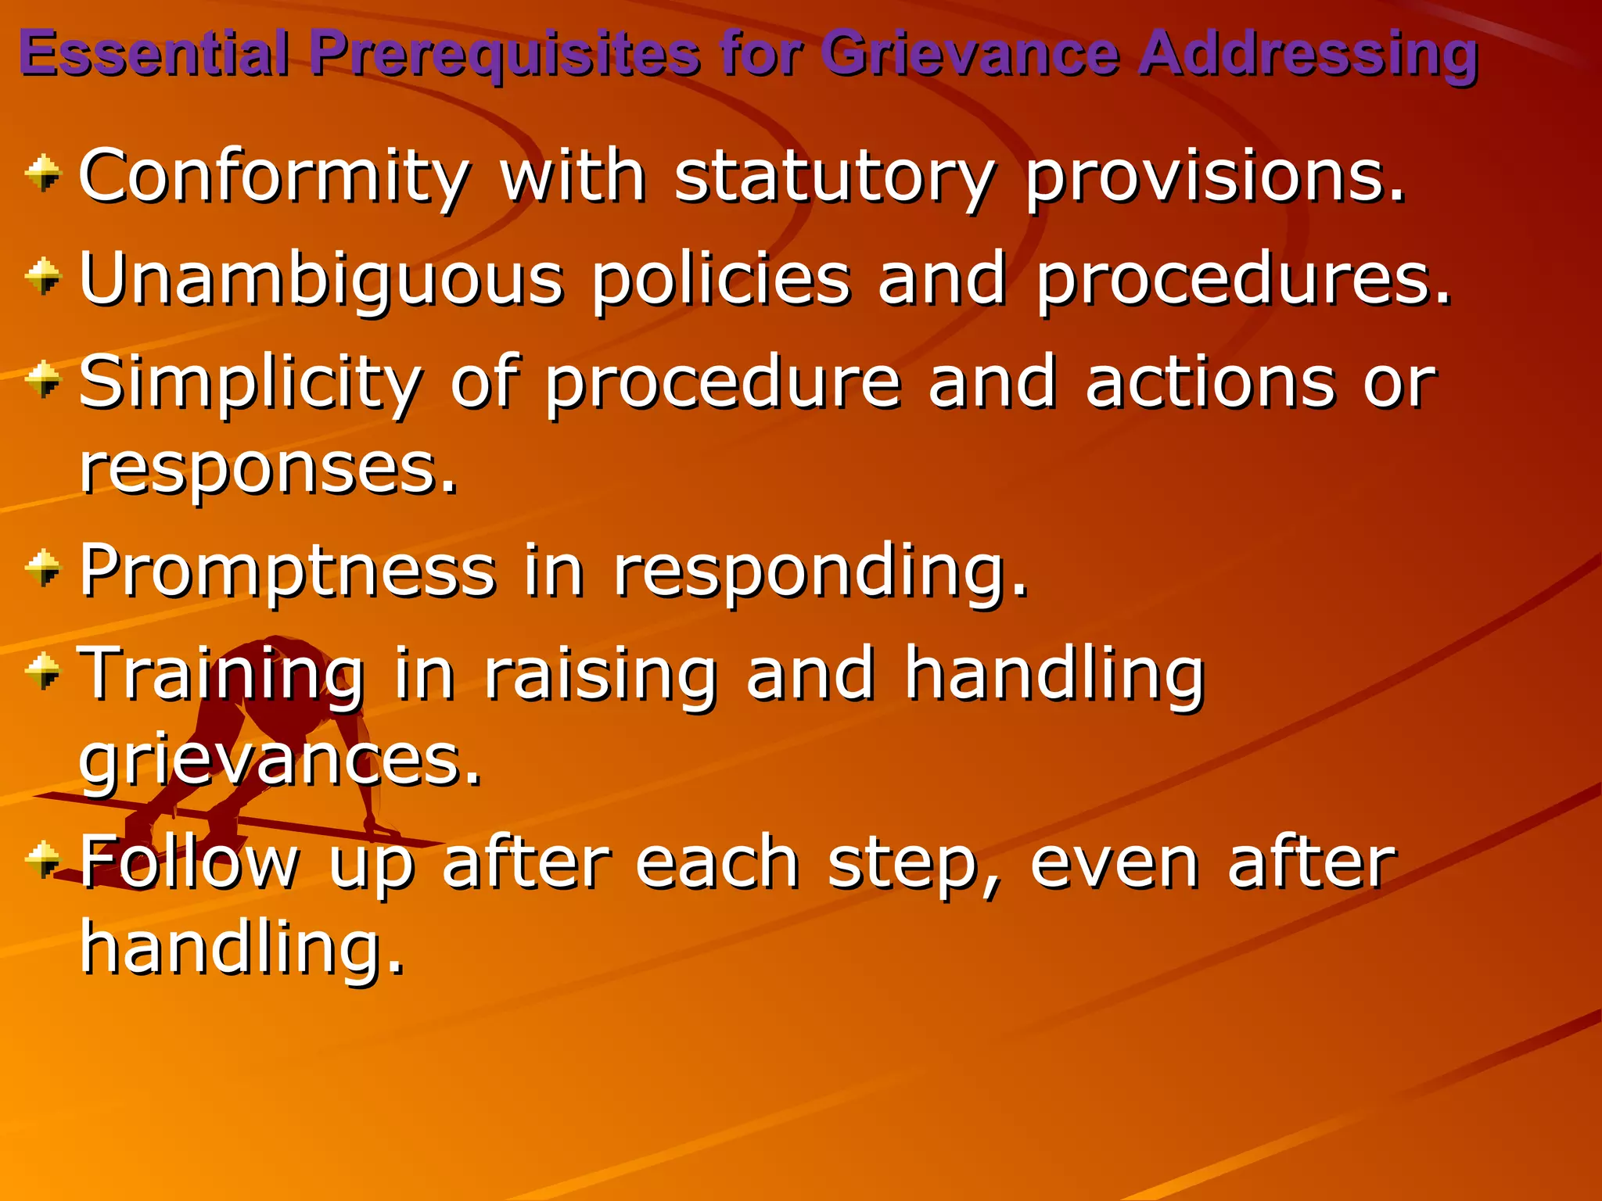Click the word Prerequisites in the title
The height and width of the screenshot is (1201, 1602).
[504, 53]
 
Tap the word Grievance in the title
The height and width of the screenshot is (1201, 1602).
[970, 53]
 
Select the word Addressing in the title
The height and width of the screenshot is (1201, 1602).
[1307, 53]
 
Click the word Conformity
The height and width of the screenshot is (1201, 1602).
[275, 177]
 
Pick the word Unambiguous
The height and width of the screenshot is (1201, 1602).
[321, 280]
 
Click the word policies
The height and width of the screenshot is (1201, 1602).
[720, 280]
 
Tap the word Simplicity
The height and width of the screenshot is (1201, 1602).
[250, 383]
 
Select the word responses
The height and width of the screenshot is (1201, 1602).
[268, 470]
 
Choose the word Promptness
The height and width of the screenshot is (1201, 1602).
[287, 570]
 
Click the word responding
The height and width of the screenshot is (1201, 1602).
[821, 572]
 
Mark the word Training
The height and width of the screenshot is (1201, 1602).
[223, 673]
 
